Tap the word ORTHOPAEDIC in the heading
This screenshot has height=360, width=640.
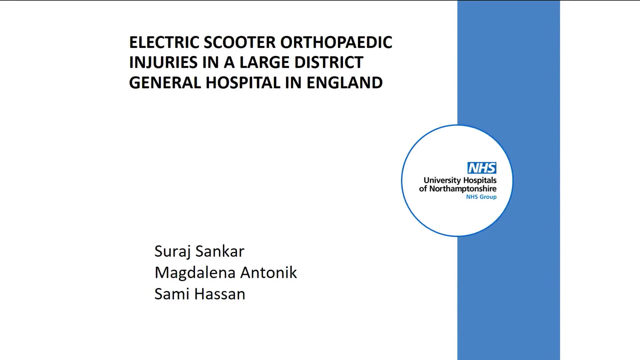[336, 42]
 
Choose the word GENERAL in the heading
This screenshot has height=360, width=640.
[165, 83]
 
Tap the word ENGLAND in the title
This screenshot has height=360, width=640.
[345, 83]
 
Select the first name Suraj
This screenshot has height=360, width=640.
[172, 252]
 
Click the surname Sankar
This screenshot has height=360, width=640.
[220, 251]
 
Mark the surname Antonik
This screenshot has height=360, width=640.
[269, 272]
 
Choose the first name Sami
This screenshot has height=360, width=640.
[172, 294]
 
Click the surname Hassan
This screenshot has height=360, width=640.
[220, 294]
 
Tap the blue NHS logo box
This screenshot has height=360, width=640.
[482, 168]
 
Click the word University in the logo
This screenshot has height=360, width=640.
[442, 181]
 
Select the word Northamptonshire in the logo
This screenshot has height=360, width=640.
[463, 189]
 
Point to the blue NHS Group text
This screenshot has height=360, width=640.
[481, 197]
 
